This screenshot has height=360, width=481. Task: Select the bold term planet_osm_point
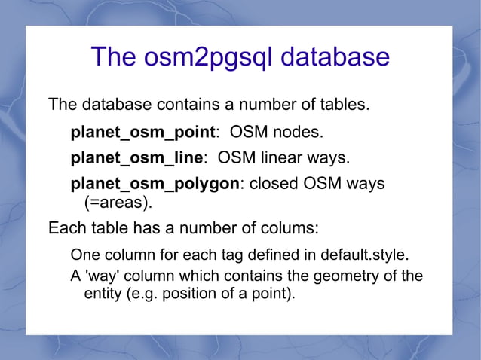point(142,133)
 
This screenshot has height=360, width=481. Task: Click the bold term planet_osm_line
point(136,158)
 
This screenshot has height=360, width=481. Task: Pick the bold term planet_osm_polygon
point(155,184)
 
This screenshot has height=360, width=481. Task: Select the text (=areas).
point(117,202)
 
